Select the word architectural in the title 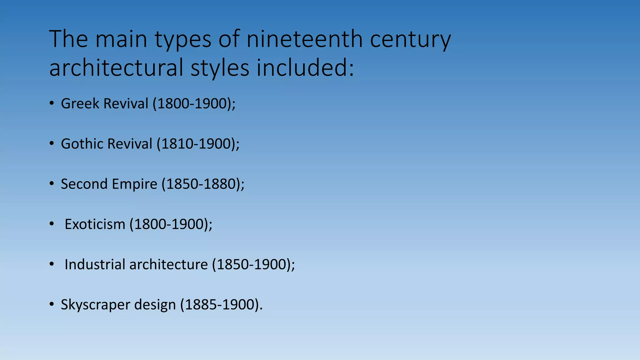pyautogui.click(x=116, y=68)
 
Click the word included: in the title pyautogui.click(x=305, y=68)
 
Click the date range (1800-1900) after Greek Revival pyautogui.click(x=194, y=103)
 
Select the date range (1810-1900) pyautogui.click(x=198, y=144)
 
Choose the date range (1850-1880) pyautogui.click(x=203, y=184)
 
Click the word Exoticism pyautogui.click(x=95, y=224)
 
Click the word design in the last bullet pyautogui.click(x=155, y=305)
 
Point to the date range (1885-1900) pyautogui.click(x=221, y=305)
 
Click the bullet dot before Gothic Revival pyautogui.click(x=52, y=144)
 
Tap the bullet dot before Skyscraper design pyautogui.click(x=52, y=305)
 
